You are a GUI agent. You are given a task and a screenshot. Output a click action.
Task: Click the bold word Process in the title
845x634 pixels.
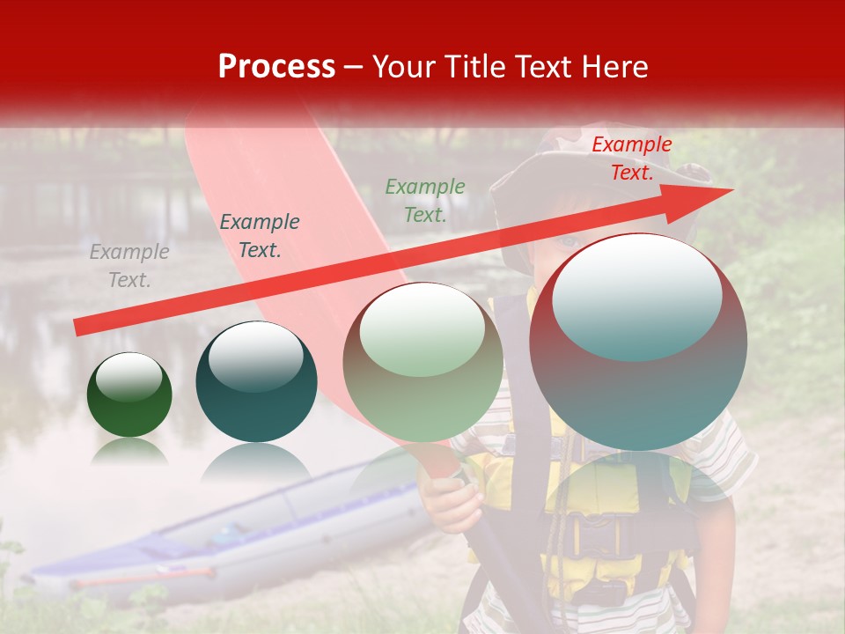(276, 67)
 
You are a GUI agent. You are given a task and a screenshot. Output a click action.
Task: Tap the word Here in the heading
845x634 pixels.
(613, 67)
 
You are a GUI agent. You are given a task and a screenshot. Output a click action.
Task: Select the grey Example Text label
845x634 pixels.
(129, 266)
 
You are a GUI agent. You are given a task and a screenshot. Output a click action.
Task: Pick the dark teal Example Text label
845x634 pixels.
(259, 236)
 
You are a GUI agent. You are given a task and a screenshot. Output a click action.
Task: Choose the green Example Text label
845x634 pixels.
(425, 200)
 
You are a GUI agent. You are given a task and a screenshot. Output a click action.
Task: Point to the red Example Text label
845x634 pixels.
(631, 158)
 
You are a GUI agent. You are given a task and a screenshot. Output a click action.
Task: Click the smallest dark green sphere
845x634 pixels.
(129, 394)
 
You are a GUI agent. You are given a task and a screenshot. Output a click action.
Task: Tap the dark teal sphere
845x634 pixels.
(256, 382)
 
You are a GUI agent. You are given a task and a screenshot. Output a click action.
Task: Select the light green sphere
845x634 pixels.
(422, 363)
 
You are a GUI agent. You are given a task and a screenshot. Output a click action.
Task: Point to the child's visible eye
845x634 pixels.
(570, 240)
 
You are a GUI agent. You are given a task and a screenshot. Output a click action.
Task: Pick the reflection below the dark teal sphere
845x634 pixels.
(255, 462)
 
